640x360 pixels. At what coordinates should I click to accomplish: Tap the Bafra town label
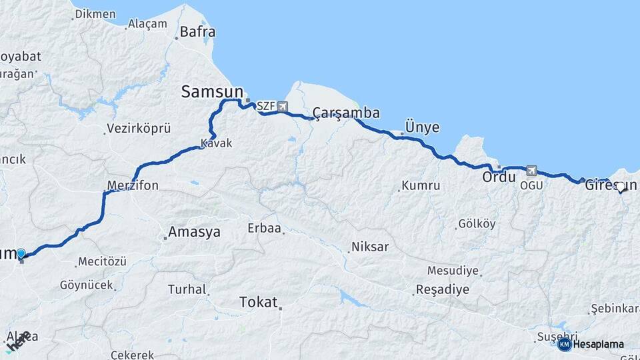(197, 31)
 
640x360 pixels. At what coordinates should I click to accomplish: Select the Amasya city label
(194, 232)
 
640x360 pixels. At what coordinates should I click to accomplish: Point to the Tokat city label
(258, 303)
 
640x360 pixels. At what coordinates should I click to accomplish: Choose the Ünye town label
(423, 127)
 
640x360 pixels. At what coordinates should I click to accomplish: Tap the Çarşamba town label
(346, 113)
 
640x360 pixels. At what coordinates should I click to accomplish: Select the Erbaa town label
(265, 228)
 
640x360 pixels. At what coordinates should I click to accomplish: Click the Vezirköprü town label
(139, 129)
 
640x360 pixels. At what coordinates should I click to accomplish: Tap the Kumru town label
(421, 186)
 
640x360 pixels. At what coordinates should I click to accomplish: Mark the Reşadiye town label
(441, 290)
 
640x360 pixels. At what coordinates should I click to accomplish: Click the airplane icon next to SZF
(283, 107)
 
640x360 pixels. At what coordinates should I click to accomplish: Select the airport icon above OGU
(531, 171)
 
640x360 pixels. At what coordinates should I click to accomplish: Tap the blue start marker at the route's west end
(21, 253)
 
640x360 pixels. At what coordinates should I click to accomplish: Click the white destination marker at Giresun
(621, 187)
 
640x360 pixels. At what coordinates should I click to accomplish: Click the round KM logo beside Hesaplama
(564, 344)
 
